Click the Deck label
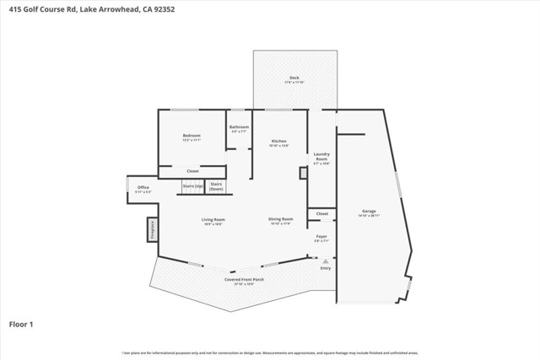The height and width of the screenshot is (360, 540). pos(294,78)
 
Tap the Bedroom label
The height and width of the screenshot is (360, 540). pos(192,136)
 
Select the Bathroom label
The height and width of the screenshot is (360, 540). pos(239,128)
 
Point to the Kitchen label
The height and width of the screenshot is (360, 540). pos(278,142)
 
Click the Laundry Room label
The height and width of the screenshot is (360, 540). pos(321,155)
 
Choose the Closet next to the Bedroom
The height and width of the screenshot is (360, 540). pos(192,171)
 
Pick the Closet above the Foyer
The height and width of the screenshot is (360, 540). pos(321,214)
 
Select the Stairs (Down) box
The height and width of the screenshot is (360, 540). pos(217,185)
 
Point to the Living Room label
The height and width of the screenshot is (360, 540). pos(212,222)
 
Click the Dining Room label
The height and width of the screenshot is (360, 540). pos(280,222)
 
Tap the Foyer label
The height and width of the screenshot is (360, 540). pos(321,238)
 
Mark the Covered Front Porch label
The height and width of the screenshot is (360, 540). pos(239,281)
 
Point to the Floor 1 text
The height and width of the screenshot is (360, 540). pos(21,323)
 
